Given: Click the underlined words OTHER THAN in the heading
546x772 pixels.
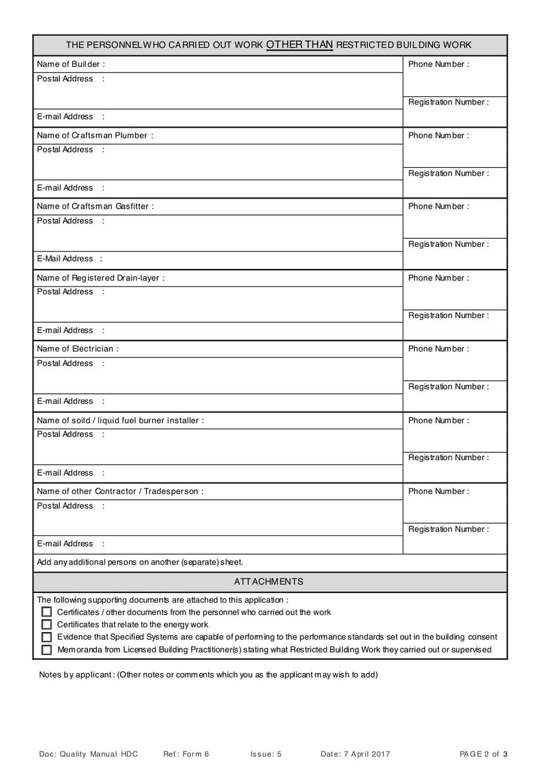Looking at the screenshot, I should coord(299,45).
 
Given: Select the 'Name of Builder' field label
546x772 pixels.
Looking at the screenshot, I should coord(70,64).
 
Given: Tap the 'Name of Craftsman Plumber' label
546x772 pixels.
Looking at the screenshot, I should coord(95,135).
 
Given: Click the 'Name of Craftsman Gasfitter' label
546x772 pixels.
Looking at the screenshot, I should coord(95,206).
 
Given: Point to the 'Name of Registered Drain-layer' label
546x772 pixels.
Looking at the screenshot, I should coord(100,278).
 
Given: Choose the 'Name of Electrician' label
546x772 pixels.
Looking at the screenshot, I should coord(77,349).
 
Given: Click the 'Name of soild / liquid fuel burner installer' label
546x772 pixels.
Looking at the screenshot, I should coord(120,420).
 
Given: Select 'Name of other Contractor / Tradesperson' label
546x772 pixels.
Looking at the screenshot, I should coord(120,491).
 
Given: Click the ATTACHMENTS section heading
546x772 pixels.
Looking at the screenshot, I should coord(269,582).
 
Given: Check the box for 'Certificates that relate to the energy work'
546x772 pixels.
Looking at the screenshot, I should coord(46,625).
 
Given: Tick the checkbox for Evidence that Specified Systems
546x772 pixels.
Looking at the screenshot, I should coord(46,637).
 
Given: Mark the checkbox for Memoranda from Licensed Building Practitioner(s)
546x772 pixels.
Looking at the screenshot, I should coord(46,650).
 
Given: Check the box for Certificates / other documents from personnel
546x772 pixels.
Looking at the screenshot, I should coord(46,612).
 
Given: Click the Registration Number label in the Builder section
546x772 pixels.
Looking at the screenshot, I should coord(448,102).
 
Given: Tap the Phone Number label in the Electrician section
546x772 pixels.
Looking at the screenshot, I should coord(438,349).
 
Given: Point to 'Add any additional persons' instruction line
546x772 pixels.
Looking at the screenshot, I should coord(140,562).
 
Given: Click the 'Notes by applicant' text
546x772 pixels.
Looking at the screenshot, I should coord(208,675).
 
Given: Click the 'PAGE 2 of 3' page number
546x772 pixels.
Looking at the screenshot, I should coord(484,754).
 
